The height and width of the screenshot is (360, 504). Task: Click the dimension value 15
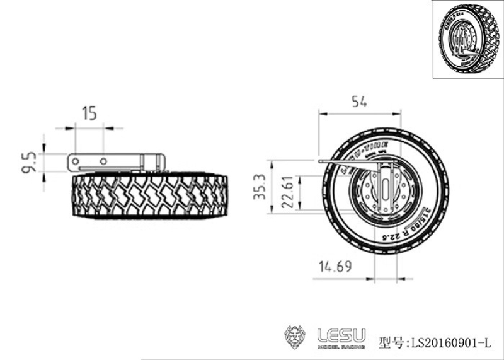[89, 113]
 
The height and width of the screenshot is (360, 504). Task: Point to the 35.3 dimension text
[257, 187]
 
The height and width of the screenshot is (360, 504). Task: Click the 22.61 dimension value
[285, 193]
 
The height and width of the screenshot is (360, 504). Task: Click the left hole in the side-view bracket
[76, 162]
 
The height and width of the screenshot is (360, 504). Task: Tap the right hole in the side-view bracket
[103, 162]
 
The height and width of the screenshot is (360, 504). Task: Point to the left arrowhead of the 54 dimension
[321, 114]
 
